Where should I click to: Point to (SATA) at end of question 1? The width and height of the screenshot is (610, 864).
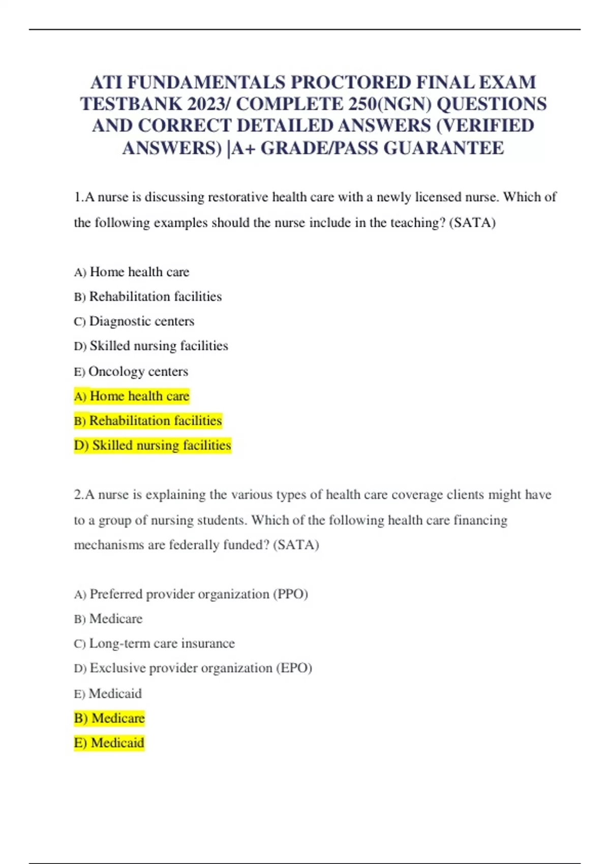tap(473, 223)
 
